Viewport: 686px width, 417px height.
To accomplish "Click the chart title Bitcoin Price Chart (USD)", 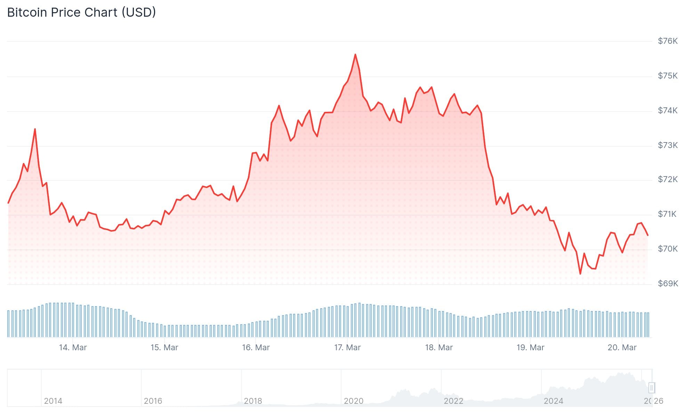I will point(81,13).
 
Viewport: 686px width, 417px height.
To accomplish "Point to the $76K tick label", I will point(668,41).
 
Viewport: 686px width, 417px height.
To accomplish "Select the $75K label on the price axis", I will point(668,76).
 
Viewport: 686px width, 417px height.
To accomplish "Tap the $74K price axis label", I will point(668,111).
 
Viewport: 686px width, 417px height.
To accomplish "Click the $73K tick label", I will point(668,145).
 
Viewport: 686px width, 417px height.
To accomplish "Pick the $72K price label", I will point(668,179).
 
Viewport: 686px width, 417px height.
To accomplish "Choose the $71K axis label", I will point(667,214).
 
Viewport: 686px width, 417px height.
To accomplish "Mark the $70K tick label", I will point(668,249).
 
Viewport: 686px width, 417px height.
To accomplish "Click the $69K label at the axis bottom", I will point(668,284).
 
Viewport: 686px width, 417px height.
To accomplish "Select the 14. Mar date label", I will point(73,347).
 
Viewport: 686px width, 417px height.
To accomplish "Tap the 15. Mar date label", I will point(164,347).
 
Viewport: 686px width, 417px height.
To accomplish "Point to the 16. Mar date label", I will point(256,347).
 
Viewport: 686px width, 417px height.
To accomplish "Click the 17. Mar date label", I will point(347,347).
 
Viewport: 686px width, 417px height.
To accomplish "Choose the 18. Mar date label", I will point(439,347).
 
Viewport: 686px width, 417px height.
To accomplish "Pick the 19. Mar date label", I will point(530,347).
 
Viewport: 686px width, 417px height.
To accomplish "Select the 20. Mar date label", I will point(622,347).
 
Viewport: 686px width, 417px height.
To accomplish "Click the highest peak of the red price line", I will point(355,55).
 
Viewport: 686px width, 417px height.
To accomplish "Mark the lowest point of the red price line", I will point(580,274).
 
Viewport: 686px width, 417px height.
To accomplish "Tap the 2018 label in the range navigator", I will point(253,401).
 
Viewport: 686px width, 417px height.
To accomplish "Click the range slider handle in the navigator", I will point(652,387).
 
